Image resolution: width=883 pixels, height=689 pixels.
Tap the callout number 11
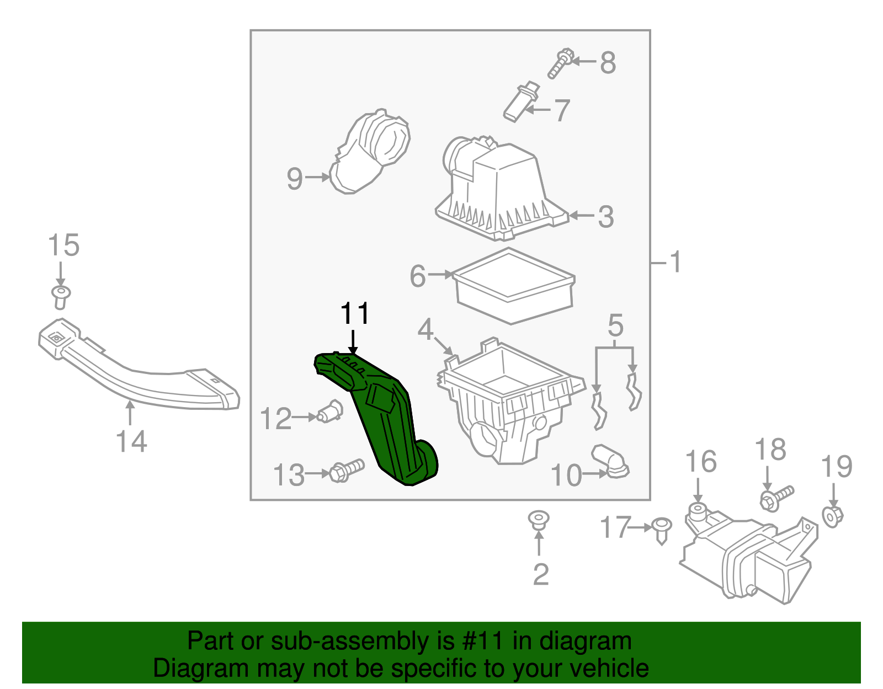[355, 313]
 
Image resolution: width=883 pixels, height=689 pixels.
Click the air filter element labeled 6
[513, 285]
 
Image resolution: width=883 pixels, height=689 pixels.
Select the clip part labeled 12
[329, 412]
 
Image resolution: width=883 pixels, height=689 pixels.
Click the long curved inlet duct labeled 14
[138, 365]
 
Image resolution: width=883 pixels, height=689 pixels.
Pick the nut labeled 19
[833, 516]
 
